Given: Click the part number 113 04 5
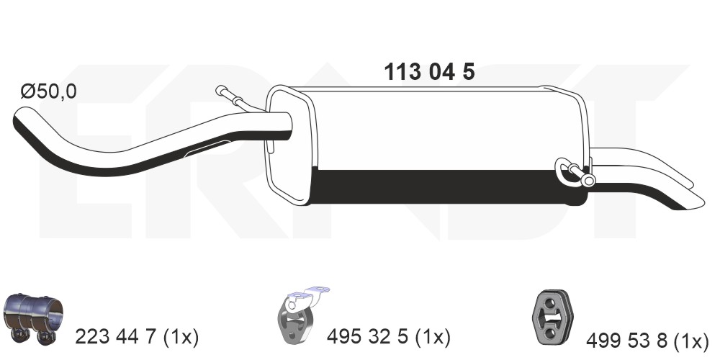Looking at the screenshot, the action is tap(429, 72).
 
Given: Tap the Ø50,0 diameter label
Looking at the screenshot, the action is tap(48, 91).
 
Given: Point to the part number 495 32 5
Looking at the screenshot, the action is tap(367, 338).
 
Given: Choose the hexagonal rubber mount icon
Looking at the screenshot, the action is tap(553, 318).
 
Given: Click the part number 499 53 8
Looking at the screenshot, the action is tap(626, 341).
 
